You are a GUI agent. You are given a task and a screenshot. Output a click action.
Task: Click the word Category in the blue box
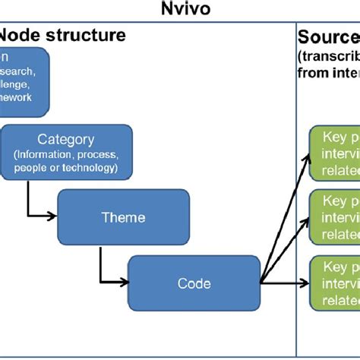[x=66, y=140]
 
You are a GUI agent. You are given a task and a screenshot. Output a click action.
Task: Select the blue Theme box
[x=122, y=217]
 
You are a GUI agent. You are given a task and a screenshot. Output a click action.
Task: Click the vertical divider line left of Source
[x=295, y=190]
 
